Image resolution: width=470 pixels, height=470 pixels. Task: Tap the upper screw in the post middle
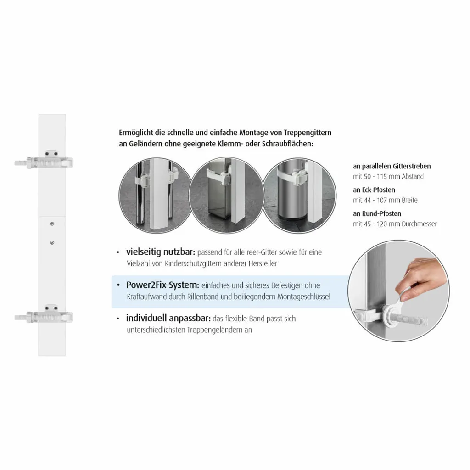(52, 224)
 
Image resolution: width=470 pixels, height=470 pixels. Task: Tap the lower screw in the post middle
(52, 242)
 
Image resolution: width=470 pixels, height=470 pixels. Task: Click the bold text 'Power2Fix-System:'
(162, 285)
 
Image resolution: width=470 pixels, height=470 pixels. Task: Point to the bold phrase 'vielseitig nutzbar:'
(161, 252)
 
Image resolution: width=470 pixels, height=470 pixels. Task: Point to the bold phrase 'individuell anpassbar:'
(168, 319)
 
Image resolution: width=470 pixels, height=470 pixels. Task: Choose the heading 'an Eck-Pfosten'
(374, 190)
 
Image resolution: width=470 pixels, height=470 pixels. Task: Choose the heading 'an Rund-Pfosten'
(377, 213)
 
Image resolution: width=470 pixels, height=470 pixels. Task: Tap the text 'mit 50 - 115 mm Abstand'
(388, 177)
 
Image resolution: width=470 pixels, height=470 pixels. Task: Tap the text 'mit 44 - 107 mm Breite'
(385, 201)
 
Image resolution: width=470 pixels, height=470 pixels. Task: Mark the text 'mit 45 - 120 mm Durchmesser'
(395, 224)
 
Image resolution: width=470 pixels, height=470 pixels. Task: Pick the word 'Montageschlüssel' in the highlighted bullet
(303, 297)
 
